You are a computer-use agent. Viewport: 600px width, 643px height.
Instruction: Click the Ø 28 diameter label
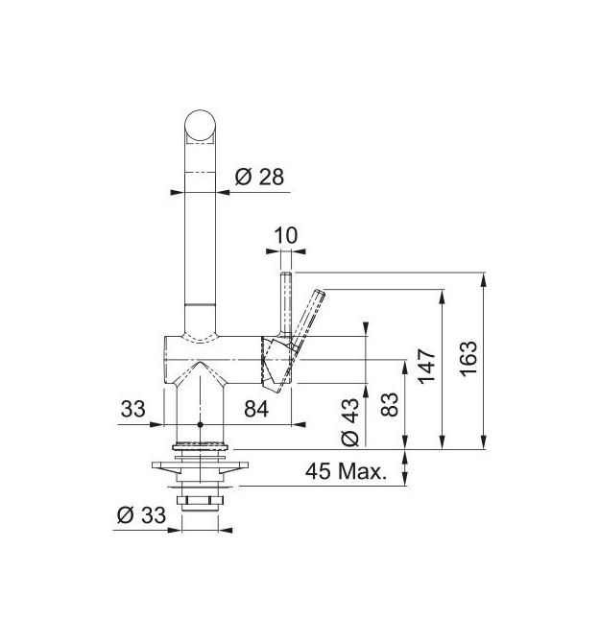point(259,178)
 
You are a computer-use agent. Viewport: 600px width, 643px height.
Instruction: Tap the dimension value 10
point(285,236)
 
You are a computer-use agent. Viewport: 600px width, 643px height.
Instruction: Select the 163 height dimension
point(468,358)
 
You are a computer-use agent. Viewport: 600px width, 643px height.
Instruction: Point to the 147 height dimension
point(426,367)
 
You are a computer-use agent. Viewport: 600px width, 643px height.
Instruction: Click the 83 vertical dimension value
point(389,404)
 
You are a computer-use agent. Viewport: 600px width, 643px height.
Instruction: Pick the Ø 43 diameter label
point(349,422)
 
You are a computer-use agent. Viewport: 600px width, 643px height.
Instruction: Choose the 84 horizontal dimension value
point(256,409)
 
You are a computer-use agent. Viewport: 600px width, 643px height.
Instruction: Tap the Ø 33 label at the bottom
point(141,514)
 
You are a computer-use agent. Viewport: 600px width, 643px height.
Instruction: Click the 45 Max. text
point(347,471)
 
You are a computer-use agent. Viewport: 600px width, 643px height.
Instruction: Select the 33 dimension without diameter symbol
point(132,409)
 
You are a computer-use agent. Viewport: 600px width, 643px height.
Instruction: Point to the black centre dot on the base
point(200,424)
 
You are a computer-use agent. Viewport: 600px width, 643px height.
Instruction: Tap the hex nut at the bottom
point(200,500)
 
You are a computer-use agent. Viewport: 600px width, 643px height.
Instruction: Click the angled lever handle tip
point(320,293)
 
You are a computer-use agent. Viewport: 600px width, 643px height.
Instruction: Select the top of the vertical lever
point(286,274)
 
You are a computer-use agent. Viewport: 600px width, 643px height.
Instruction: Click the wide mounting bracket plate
point(200,465)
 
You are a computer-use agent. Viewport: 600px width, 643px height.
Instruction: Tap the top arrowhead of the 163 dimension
point(485,279)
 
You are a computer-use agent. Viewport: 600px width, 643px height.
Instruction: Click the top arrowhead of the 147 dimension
point(443,297)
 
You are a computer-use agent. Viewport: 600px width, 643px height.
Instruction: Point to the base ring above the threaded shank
point(201,444)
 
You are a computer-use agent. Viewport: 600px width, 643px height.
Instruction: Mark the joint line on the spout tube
point(200,304)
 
